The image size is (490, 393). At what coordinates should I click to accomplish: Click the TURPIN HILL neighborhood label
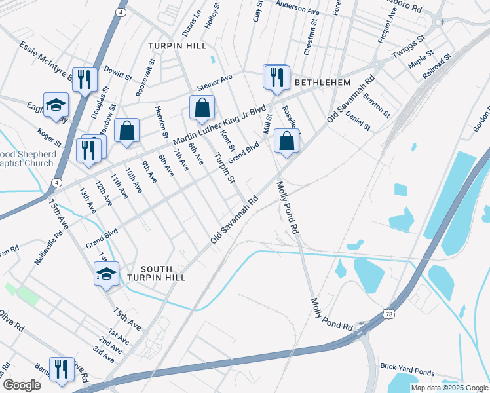coord(177,46)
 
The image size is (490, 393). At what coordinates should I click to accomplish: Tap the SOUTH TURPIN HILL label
coord(157,273)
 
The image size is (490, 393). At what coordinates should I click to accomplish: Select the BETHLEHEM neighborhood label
coord(322,83)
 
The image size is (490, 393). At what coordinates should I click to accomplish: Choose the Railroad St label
coord(437,67)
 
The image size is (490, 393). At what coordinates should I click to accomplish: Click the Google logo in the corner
coord(22,385)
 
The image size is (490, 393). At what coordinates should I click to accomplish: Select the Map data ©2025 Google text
coord(449,388)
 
